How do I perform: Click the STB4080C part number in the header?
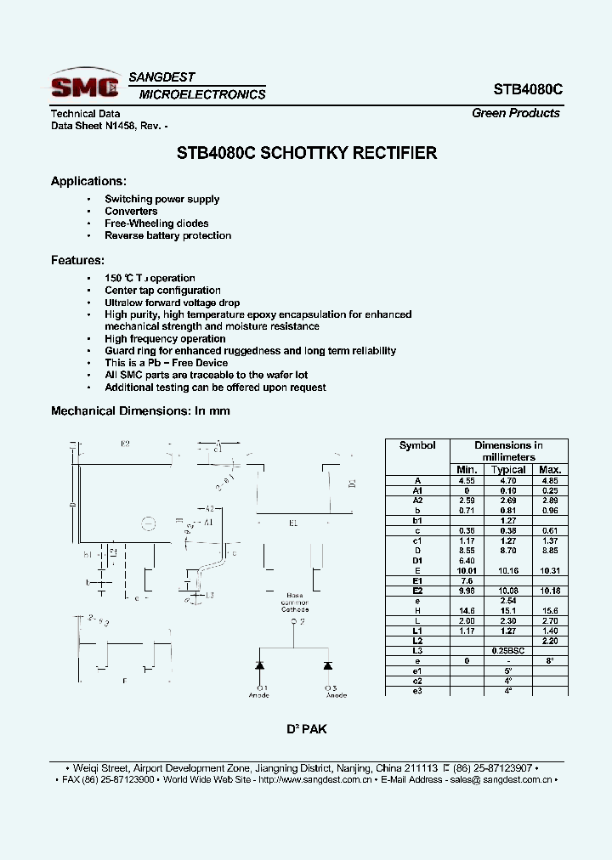(x=528, y=89)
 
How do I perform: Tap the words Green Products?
(x=515, y=113)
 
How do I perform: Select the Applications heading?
(x=88, y=181)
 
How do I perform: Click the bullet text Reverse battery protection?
(x=167, y=235)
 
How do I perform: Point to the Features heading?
(x=77, y=260)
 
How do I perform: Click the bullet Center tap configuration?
(x=162, y=291)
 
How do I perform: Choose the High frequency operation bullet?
(x=165, y=339)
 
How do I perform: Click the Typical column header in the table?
(x=508, y=470)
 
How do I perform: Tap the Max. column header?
(x=551, y=470)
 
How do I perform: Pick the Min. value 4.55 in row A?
(x=467, y=481)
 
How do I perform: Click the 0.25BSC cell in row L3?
(x=508, y=650)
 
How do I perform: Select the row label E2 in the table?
(x=417, y=590)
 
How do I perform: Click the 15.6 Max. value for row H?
(x=551, y=610)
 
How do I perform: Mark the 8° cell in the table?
(x=551, y=660)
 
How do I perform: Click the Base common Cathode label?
(x=295, y=603)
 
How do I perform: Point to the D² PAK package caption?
(x=306, y=729)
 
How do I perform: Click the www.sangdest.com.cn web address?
(x=314, y=779)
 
